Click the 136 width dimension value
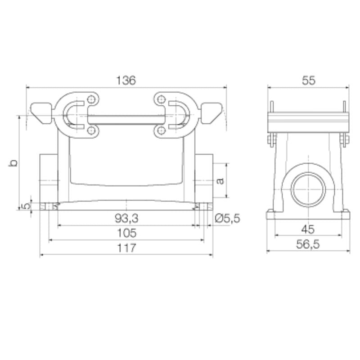[x=126, y=81]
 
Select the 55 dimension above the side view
[x=308, y=81]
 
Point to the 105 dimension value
[x=126, y=233]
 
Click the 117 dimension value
[x=126, y=248]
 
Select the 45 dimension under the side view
[x=308, y=229]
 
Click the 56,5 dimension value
[x=308, y=244]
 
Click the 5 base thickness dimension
[x=26, y=206]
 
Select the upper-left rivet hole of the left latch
[x=92, y=99]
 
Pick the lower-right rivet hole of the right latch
[x=161, y=130]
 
